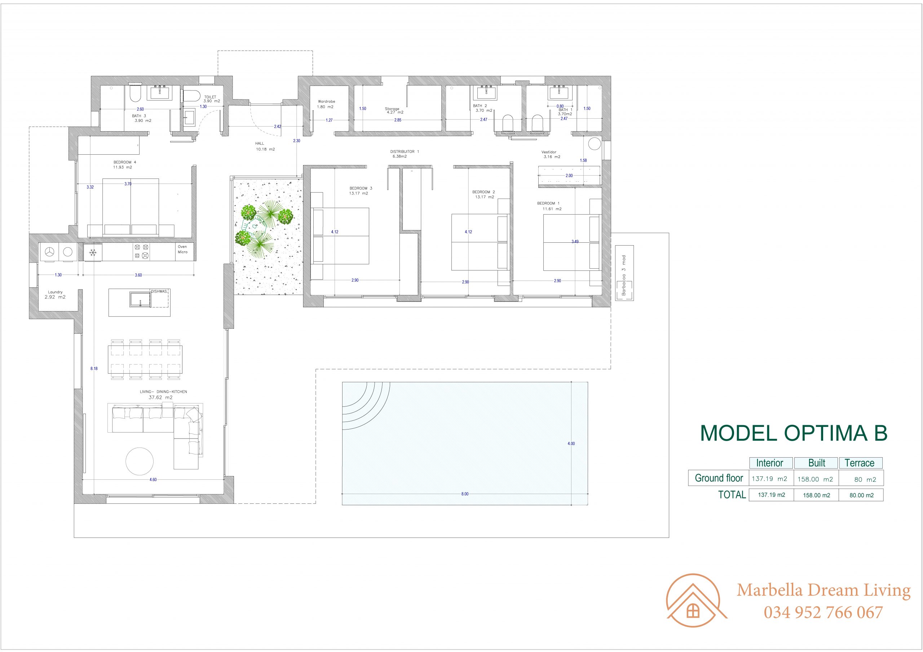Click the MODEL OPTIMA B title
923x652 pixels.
[x=794, y=433]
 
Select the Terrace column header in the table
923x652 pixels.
[x=860, y=463]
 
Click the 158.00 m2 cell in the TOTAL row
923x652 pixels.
[x=817, y=495]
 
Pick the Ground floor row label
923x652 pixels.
[x=719, y=478]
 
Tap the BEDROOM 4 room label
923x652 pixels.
[x=122, y=162]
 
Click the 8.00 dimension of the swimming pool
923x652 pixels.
[x=465, y=494]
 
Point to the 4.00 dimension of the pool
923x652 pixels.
[x=571, y=444]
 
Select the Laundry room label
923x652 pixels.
[x=56, y=292]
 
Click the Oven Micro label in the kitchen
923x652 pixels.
[x=182, y=250]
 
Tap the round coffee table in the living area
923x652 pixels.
[x=139, y=461]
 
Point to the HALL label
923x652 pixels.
[x=260, y=144]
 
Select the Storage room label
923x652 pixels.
[x=392, y=109]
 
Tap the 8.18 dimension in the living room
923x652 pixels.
[x=94, y=369]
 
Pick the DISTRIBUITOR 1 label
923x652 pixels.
[x=405, y=151]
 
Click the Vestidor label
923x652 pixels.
[x=549, y=152]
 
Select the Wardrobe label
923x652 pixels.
[x=326, y=102]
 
